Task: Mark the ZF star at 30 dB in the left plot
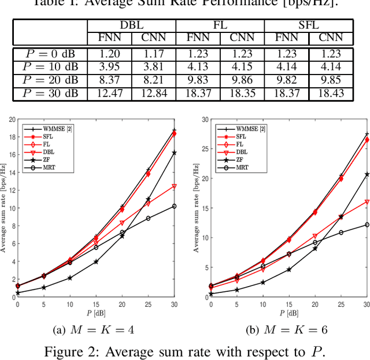174,153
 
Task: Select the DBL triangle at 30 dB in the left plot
174,186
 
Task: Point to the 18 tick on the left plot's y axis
13,138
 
